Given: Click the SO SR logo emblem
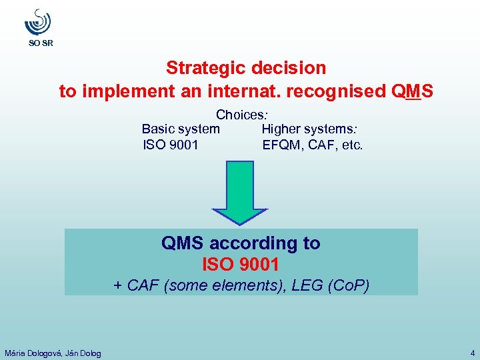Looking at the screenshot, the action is [37, 23].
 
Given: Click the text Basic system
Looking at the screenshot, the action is [181, 129].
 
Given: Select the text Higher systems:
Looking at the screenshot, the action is [310, 129].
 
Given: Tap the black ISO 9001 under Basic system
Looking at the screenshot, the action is [171, 144].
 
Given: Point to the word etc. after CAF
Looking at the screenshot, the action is [351, 144].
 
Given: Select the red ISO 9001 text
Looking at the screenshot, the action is [240, 265].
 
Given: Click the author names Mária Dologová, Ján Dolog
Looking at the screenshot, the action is [53, 353].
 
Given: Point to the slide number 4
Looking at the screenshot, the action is [472, 353].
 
